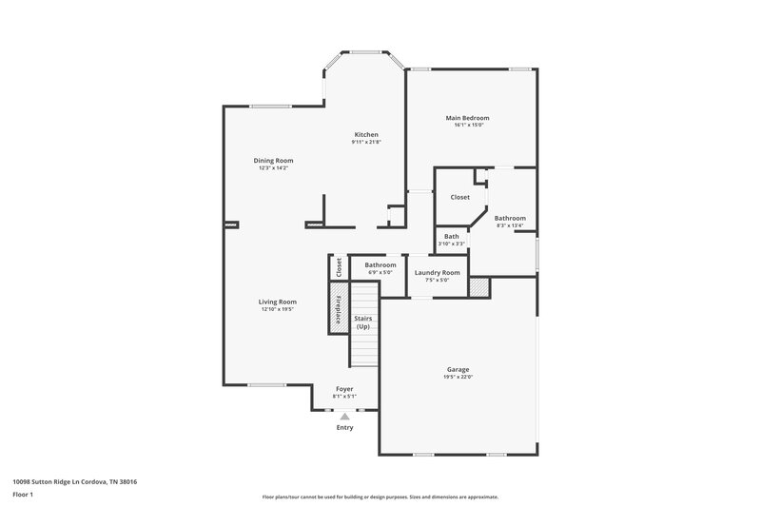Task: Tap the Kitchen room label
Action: click(366, 135)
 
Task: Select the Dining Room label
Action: click(273, 161)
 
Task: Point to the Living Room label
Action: click(278, 302)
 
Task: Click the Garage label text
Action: click(458, 369)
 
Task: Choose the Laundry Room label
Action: click(438, 272)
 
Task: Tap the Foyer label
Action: click(344, 389)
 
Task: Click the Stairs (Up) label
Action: click(362, 322)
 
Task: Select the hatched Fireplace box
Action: click(337, 308)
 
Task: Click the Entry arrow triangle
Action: click(344, 416)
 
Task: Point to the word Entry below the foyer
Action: click(344, 428)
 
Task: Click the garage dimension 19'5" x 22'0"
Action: click(458, 377)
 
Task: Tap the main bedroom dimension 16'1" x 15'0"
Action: click(469, 126)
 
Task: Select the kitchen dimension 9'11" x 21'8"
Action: click(366, 143)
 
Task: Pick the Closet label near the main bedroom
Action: click(459, 197)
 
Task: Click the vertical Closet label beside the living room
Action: click(338, 267)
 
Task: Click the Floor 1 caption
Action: click(24, 495)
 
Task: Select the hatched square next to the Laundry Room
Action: click(479, 287)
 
